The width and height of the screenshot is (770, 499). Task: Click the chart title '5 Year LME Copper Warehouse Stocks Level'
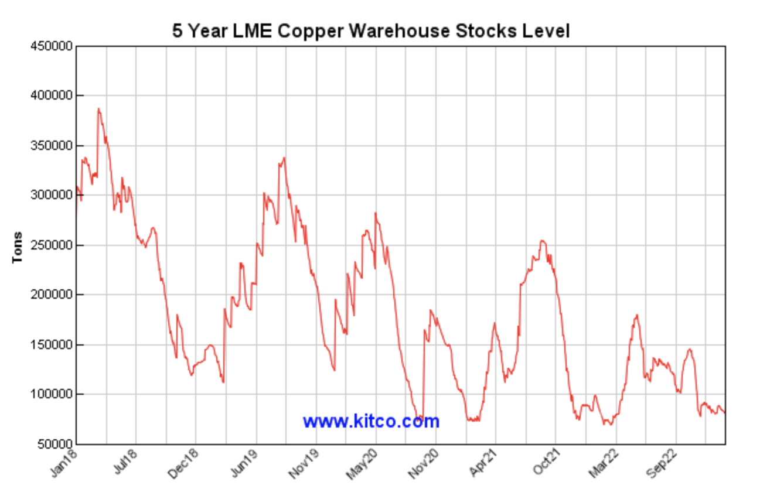coord(370,30)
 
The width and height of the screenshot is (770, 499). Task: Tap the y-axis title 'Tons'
coord(18,247)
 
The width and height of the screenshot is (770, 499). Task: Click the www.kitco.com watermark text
coord(370,421)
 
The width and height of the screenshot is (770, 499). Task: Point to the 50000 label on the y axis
coord(56,444)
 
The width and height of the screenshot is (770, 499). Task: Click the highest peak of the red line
coord(98,108)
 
